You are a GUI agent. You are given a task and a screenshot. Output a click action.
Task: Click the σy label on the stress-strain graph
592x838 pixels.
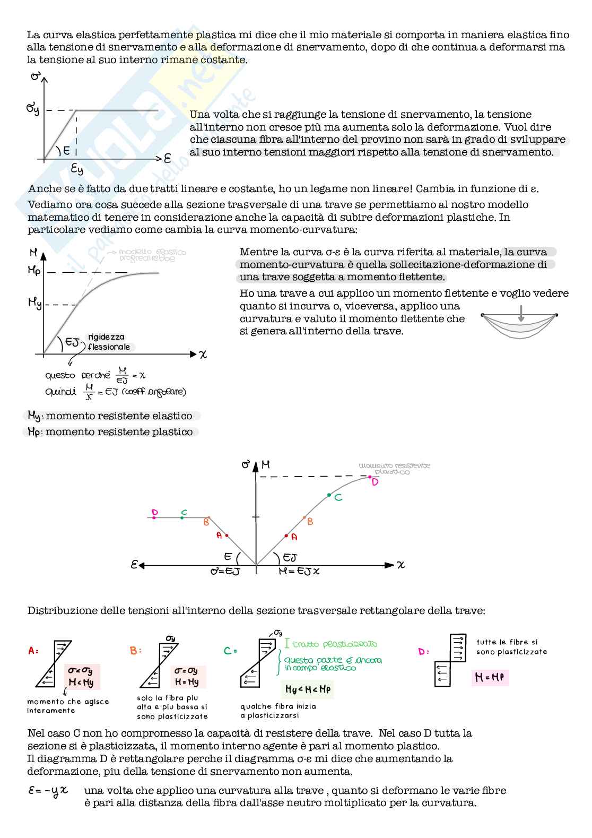pos(33,109)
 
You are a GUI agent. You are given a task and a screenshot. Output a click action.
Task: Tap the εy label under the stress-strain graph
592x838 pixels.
pos(77,169)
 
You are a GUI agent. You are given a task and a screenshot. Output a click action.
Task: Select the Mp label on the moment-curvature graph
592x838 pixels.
pos(34,271)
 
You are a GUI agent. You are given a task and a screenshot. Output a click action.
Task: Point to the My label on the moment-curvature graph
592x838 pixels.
pos(35,303)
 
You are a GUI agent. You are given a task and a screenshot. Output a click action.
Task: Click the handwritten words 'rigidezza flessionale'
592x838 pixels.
pos(109,342)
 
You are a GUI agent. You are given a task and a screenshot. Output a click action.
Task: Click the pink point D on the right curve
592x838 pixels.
pos(370,478)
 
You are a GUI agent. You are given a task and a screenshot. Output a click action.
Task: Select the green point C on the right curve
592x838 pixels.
pos(329,495)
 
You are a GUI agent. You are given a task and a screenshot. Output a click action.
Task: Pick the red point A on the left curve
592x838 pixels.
pos(227,536)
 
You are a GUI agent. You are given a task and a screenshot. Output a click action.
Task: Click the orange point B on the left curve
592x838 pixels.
pos(209,517)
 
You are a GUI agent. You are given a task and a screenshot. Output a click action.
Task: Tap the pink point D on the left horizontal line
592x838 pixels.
pos(154,517)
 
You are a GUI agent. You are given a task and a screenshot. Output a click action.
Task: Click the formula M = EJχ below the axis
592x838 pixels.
pos(299,572)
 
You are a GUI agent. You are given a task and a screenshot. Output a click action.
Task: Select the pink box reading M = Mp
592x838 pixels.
pos(490,677)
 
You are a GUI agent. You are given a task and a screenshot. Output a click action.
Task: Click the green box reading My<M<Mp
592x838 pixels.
pos(308,689)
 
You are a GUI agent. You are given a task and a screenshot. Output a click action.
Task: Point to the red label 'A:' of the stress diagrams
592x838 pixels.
pos(33,651)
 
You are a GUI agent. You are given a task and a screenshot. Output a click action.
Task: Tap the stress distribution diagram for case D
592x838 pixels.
pos(450,661)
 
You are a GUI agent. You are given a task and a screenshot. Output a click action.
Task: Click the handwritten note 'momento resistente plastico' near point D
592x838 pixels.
pos(394,469)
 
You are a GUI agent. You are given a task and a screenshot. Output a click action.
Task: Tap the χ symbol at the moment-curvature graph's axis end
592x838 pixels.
pos(203,355)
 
